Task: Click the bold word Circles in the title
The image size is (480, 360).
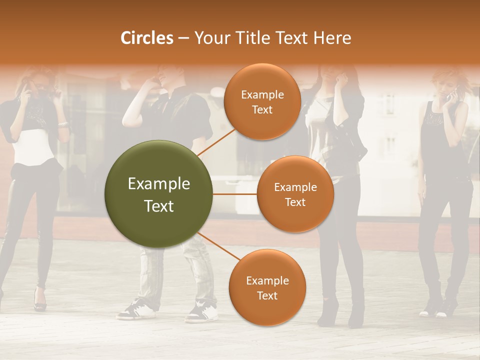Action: tap(146, 38)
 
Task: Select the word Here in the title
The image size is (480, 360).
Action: tap(332, 38)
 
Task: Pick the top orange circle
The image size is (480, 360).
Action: tap(262, 101)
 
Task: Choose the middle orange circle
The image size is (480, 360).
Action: tap(295, 194)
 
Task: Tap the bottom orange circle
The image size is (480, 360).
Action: tap(267, 287)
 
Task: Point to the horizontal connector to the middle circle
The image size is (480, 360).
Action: tap(234, 194)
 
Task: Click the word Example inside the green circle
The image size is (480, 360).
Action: tap(158, 184)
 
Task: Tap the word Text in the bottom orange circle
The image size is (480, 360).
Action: tap(267, 295)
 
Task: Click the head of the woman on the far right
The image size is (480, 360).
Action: tap(445, 82)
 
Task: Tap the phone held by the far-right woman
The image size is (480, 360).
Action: tap(454, 92)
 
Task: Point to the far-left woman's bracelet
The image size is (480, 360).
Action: tap(62, 124)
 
